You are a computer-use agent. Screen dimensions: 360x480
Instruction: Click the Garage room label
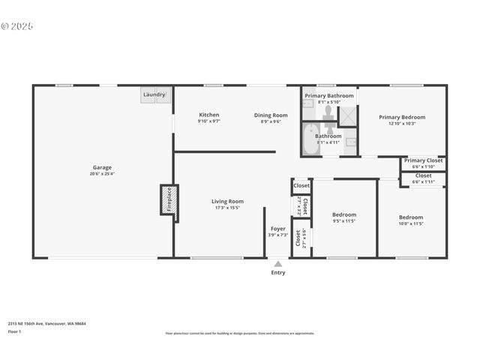102,167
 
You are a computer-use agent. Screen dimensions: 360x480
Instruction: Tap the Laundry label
154,94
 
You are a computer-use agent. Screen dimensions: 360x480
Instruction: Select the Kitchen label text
208,115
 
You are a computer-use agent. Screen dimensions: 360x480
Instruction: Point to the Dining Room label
271,115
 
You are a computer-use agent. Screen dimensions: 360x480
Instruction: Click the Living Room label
227,201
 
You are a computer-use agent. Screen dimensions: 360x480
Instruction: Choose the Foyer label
278,229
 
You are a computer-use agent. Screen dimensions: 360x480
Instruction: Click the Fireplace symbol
169,199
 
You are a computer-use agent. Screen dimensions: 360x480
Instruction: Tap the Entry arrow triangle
278,264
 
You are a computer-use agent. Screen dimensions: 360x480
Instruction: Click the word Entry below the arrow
278,273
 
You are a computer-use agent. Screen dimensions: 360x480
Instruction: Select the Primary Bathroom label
329,96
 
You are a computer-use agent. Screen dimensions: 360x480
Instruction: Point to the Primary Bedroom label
402,117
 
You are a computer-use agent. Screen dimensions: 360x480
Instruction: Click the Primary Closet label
424,160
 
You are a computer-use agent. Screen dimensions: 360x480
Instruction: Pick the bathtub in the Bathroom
311,140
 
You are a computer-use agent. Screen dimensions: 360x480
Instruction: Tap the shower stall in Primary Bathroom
348,115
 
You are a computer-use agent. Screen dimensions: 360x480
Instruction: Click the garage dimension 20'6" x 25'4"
102,174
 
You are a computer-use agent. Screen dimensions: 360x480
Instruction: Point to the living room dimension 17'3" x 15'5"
227,208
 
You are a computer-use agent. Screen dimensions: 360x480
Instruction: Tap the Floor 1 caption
14,331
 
